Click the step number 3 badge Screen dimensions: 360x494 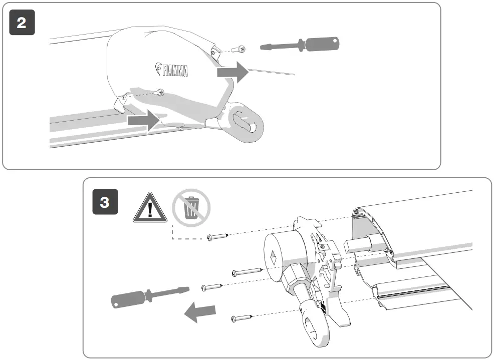tap(105, 202)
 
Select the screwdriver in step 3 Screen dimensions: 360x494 tap(149, 297)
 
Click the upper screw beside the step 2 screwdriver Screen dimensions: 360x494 tap(241, 49)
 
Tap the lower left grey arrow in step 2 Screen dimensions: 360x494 tap(143, 121)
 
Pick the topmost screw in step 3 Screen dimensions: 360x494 tap(218, 235)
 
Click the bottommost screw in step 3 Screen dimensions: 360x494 tap(242, 317)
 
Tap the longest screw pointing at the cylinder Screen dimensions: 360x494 tap(247, 272)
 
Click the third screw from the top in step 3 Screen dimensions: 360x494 tap(212, 287)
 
